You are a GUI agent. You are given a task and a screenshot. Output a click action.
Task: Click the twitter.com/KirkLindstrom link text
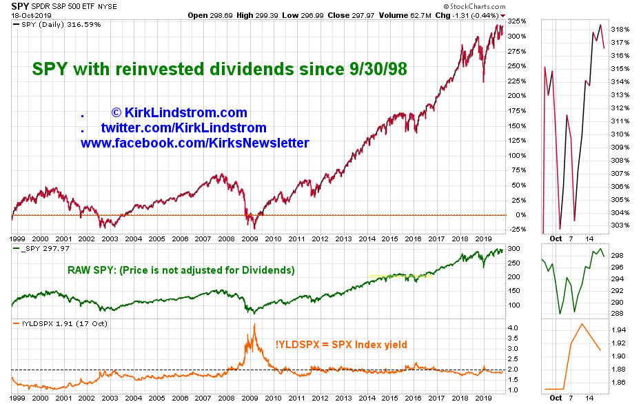183,128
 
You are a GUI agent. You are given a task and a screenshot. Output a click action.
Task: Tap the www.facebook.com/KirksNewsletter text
194,143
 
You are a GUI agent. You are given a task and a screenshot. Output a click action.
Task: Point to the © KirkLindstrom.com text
179,112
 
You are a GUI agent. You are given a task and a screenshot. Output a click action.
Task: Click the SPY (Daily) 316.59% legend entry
55,24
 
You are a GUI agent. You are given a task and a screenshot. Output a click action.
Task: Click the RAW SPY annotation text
180,270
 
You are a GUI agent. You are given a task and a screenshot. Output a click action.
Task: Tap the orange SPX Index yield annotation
343,345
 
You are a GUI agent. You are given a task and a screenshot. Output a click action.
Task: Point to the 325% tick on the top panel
516,21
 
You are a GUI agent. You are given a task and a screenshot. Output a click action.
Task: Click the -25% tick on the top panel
516,230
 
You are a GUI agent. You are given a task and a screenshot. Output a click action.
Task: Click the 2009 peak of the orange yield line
255,325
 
